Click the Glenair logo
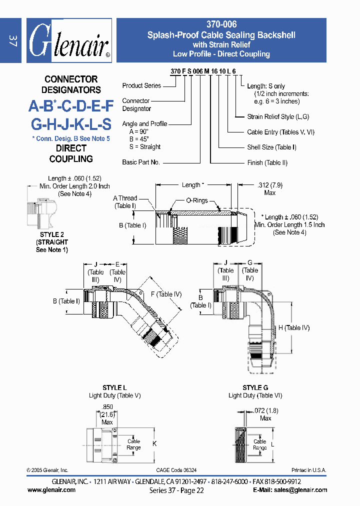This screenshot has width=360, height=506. point(68,41)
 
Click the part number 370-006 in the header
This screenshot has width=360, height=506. point(221,24)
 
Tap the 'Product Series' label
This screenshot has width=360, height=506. point(141,85)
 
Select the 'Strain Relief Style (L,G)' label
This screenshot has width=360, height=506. point(278,116)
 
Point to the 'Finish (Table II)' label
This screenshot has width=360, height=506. point(267,162)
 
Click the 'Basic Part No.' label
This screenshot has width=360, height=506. point(141,162)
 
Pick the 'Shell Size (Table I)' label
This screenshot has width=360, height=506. point(271,147)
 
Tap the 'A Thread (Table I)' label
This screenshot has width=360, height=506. point(125,201)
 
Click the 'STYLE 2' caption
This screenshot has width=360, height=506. point(51,234)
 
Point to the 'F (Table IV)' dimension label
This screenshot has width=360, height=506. point(165,294)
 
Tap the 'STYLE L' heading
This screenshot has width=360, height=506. point(114,387)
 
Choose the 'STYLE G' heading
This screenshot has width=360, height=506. point(255,387)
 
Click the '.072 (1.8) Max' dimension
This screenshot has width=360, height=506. point(265,414)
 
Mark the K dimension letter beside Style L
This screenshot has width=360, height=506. point(154,443)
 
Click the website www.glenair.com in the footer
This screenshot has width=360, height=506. point(51,490)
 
